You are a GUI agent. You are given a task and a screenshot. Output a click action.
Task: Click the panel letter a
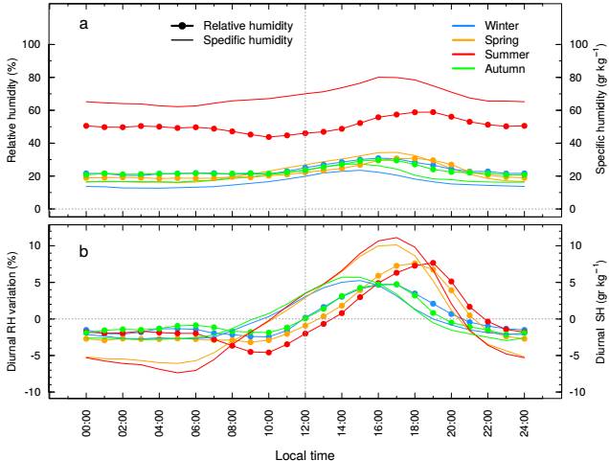coord(83,22)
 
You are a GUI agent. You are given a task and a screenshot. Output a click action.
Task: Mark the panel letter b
coord(83,252)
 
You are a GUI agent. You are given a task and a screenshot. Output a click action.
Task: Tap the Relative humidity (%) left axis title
coord(11,108)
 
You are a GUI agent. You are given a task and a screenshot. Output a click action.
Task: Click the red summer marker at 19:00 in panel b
coord(433,263)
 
